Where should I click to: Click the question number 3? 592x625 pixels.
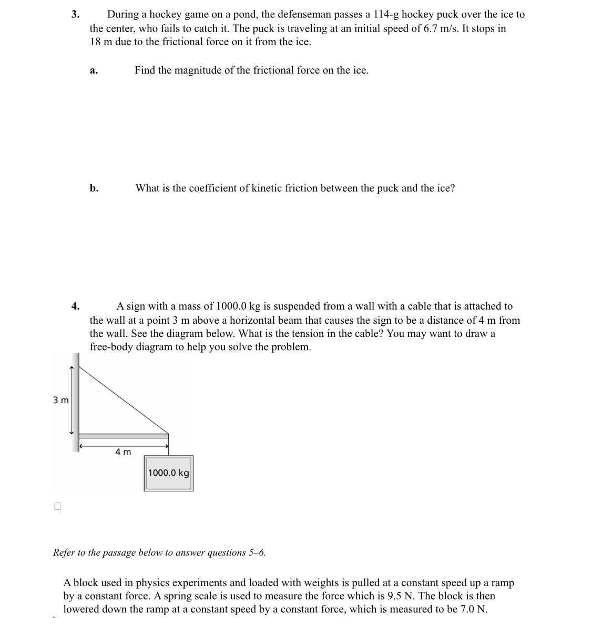[75, 15]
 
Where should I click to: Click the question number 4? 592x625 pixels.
[75, 306]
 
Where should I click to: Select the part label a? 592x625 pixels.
[93, 71]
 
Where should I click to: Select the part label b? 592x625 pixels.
[94, 188]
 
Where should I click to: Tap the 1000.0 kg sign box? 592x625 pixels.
[168, 473]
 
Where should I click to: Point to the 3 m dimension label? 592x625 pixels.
[60, 400]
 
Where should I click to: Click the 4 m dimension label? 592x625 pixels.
[123, 452]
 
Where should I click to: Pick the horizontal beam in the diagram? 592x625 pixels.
[123, 435]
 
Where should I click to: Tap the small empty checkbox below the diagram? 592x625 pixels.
[57, 506]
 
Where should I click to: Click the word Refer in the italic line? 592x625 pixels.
[64, 552]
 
